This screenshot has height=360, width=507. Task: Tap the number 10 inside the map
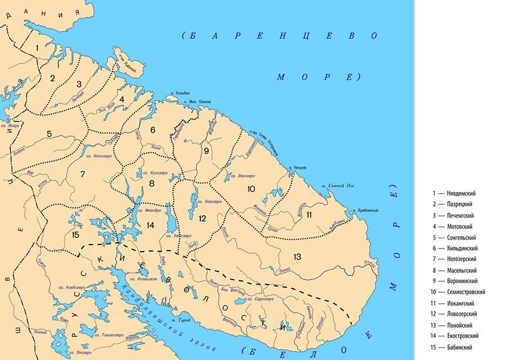[x=250, y=189]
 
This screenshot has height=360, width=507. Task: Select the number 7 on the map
[x=82, y=173]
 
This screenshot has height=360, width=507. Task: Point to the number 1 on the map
[x=38, y=48]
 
